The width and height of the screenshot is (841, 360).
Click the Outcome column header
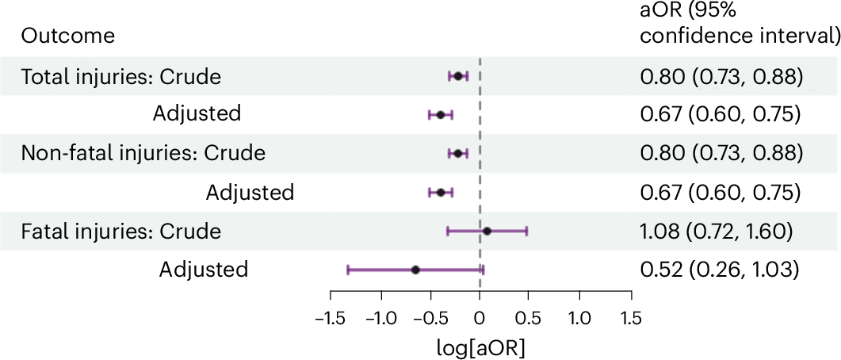(x=67, y=36)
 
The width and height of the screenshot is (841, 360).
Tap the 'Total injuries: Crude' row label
(x=120, y=77)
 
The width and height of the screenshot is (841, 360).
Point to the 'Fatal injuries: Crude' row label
(x=120, y=232)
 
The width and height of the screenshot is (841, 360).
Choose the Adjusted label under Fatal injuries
(x=203, y=270)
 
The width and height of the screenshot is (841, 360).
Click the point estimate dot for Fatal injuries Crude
(x=487, y=231)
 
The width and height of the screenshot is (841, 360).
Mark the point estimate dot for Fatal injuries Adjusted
(x=415, y=270)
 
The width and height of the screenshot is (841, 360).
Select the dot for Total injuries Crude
(x=457, y=76)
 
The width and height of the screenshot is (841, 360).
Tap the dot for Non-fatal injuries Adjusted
(x=440, y=192)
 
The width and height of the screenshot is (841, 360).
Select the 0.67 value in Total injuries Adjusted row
(x=660, y=114)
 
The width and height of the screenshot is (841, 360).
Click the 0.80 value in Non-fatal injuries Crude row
(x=660, y=153)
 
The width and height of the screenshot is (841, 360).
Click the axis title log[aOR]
(x=480, y=347)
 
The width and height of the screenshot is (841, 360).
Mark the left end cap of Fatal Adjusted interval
(x=348, y=270)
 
